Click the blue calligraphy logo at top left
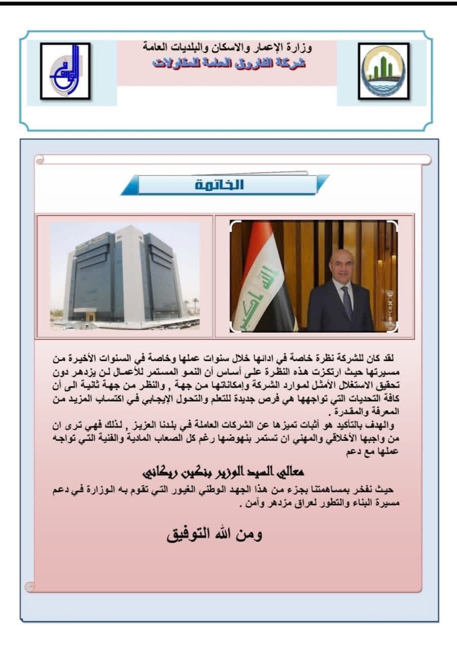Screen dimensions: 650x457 click(65, 71)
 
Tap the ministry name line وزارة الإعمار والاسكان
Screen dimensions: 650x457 click(227, 49)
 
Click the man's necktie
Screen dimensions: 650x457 click(346, 302)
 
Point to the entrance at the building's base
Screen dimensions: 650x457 click(90, 316)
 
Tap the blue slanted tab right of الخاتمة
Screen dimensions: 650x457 click(322, 184)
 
